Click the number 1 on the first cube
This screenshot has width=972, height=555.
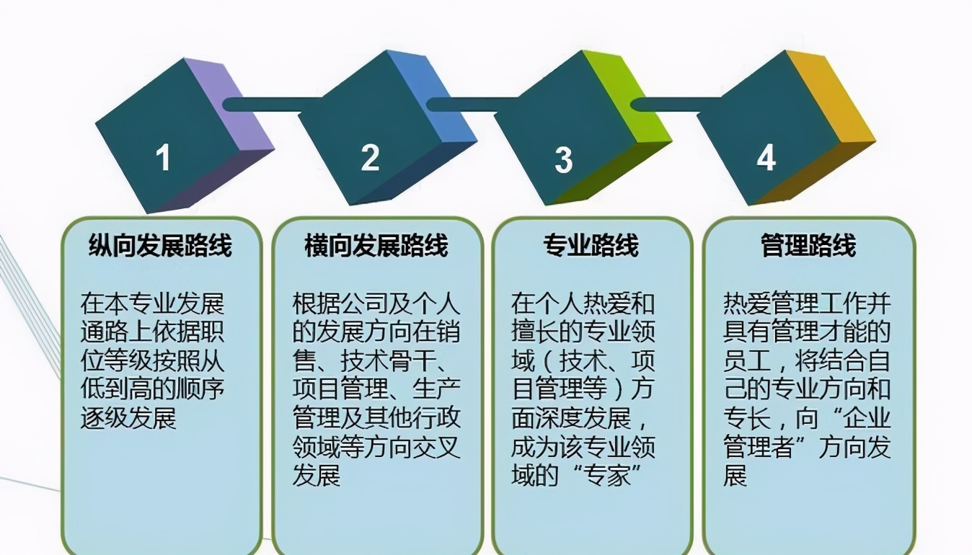(164, 158)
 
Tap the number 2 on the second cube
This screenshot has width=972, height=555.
(370, 157)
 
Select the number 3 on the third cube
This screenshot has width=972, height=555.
(563, 159)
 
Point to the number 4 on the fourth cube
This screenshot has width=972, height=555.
(766, 157)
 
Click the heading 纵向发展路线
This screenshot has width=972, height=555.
(160, 246)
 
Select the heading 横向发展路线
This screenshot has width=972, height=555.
(376, 246)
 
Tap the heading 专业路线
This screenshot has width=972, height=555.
(591, 246)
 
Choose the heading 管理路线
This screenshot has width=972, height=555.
(808, 246)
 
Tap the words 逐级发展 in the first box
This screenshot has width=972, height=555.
(128, 418)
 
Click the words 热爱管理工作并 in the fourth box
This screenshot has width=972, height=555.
(807, 303)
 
